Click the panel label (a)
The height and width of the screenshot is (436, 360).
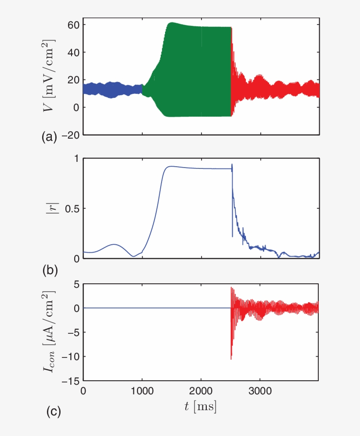[x=50, y=137]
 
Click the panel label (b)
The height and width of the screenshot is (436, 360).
[x=50, y=270]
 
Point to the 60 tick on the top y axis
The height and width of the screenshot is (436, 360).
[x=73, y=25]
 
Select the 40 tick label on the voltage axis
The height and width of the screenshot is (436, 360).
[x=73, y=52]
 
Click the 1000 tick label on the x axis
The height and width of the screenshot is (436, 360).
[x=142, y=391]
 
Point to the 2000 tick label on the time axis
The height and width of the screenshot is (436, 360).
[x=201, y=391]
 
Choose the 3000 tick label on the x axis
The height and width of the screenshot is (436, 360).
[x=259, y=391]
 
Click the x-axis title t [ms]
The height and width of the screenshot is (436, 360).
[x=200, y=407]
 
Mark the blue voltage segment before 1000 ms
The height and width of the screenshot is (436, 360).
[x=112, y=89]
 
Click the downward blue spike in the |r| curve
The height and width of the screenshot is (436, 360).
[x=232, y=228]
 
